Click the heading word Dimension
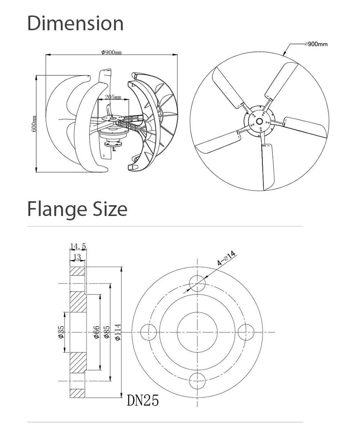coord(76,23)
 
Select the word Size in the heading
coord(110,209)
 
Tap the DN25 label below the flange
coord(143,400)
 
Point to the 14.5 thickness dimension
coord(78,246)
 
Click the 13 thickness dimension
coord(77,257)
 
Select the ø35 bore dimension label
coord(61,332)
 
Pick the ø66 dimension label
coord(96,332)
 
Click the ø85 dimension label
coord(107,332)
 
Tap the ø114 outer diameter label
coord(118,332)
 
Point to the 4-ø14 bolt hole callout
coord(226,258)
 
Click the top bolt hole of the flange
coord(197,283)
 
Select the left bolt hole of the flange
coord(149,332)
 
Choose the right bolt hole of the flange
coord(246,332)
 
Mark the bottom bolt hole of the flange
coord(197,381)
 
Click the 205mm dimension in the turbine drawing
coord(113,97)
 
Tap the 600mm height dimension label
coord(34,123)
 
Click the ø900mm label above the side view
coord(112,52)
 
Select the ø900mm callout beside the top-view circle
coord(316,44)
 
